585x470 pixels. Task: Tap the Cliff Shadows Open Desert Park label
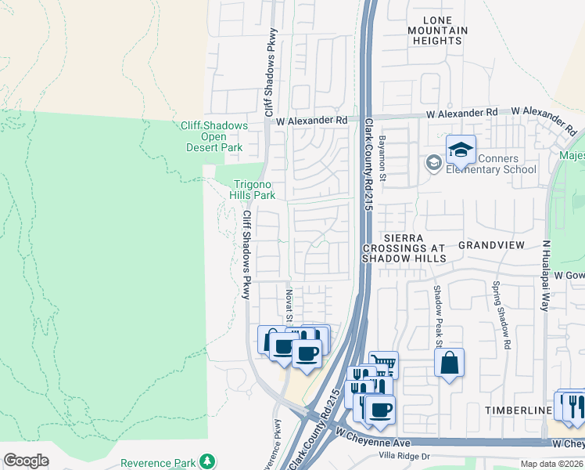[214, 136]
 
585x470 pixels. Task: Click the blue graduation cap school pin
[461, 150]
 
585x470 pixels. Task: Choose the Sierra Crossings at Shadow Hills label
[404, 248]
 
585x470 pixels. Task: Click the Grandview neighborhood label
[491, 244]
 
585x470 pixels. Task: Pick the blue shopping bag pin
[449, 363]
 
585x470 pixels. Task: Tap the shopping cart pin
[383, 364]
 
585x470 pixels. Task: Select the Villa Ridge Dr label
[404, 457]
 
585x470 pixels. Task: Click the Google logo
[27, 461]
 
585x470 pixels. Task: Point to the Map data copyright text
[551, 464]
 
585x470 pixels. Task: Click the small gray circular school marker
[432, 163]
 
